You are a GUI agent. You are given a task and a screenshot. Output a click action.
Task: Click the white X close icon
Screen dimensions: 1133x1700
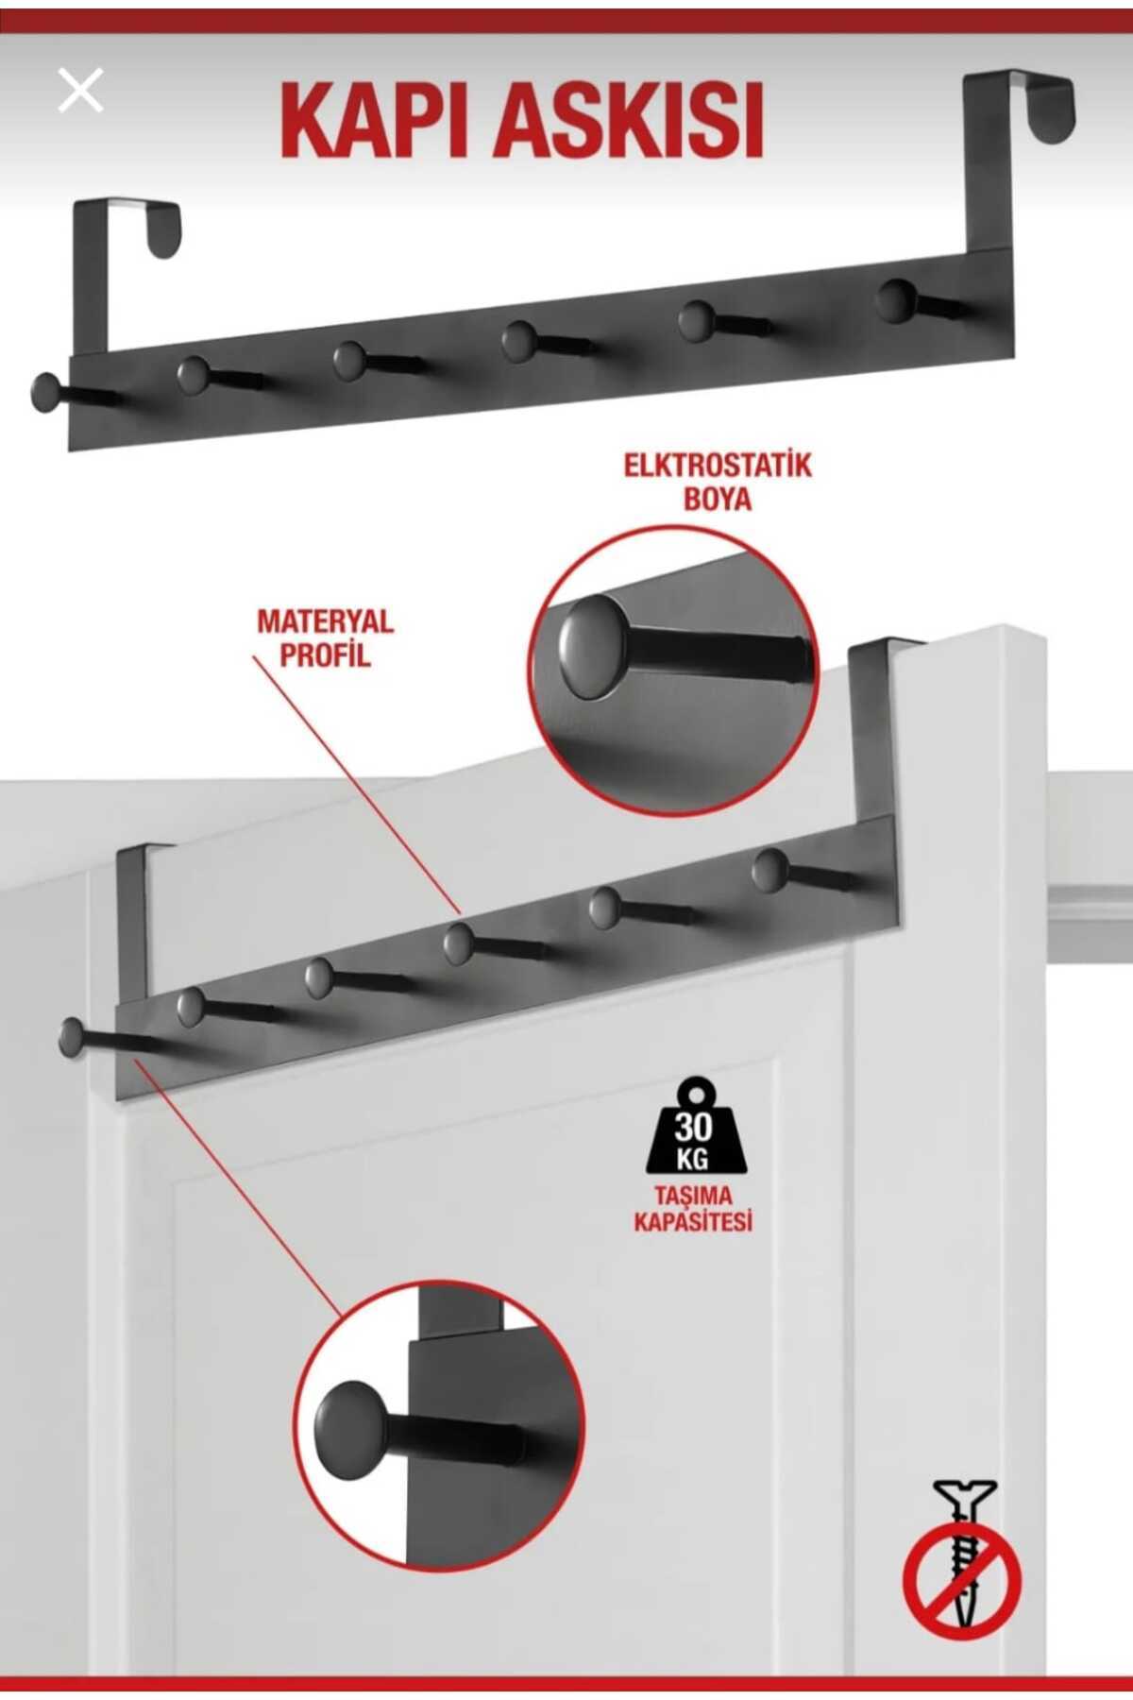click(x=80, y=92)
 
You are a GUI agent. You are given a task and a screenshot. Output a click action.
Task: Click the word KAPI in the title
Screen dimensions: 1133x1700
click(x=376, y=122)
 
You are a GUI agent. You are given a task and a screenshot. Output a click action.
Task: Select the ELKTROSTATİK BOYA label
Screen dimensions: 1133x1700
click(x=718, y=482)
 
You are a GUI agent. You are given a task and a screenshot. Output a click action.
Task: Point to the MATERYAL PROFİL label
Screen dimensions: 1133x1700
click(x=325, y=637)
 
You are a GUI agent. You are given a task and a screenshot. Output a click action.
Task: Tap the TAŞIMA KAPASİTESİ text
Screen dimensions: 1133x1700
click(x=693, y=1208)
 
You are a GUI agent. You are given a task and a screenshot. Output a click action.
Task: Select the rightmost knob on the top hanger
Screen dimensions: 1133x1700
click(x=894, y=299)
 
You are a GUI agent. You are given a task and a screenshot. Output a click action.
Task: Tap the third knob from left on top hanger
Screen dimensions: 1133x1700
click(x=349, y=360)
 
